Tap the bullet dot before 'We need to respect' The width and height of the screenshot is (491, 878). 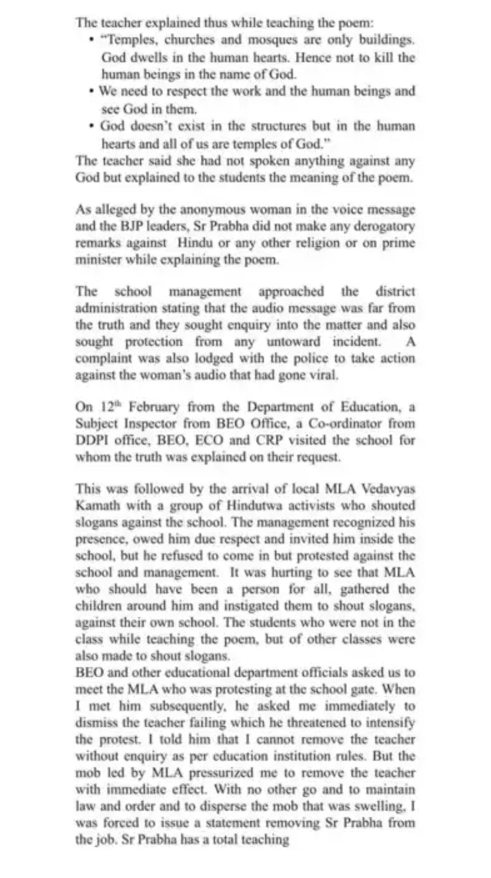click(92, 91)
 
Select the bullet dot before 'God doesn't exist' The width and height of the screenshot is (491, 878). click(92, 126)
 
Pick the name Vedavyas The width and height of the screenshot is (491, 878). click(388, 489)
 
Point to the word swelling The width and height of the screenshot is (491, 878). click(381, 807)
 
